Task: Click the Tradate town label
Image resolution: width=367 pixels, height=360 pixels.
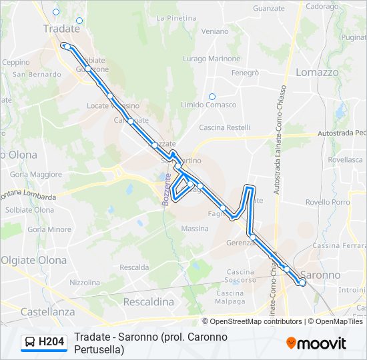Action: click(x=61, y=29)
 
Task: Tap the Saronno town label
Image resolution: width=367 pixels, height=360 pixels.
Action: click(x=320, y=275)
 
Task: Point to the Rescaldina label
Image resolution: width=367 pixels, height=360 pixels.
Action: click(x=148, y=302)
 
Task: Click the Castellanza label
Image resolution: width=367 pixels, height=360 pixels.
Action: click(x=47, y=311)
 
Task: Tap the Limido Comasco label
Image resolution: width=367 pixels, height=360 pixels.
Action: click(x=209, y=105)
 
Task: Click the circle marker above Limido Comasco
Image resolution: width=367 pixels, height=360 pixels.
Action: click(x=212, y=97)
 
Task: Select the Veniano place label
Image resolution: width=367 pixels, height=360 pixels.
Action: click(x=214, y=31)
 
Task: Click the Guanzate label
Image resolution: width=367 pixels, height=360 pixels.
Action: click(x=269, y=9)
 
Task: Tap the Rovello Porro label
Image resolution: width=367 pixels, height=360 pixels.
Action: click(x=328, y=202)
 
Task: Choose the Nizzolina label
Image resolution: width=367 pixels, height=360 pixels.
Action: click(x=84, y=283)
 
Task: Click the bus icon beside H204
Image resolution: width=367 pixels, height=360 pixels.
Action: click(x=30, y=343)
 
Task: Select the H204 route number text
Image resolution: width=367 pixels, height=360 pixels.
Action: click(x=51, y=343)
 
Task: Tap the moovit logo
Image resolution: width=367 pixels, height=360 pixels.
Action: click(x=316, y=343)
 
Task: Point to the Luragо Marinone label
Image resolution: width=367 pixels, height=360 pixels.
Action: click(x=212, y=59)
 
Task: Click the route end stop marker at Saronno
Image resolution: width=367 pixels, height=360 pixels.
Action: click(x=302, y=283)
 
